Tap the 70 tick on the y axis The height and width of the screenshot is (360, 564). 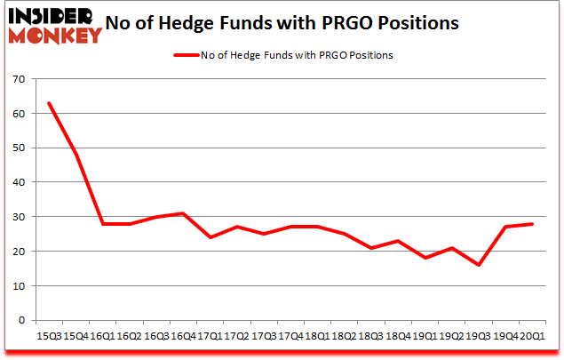[18, 78]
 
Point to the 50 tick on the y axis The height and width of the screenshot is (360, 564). [18, 148]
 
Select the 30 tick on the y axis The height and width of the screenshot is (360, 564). [18, 217]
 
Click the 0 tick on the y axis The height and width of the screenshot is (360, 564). [20, 321]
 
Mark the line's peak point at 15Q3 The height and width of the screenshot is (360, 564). [49, 103]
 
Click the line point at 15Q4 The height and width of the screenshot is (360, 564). [75, 155]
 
